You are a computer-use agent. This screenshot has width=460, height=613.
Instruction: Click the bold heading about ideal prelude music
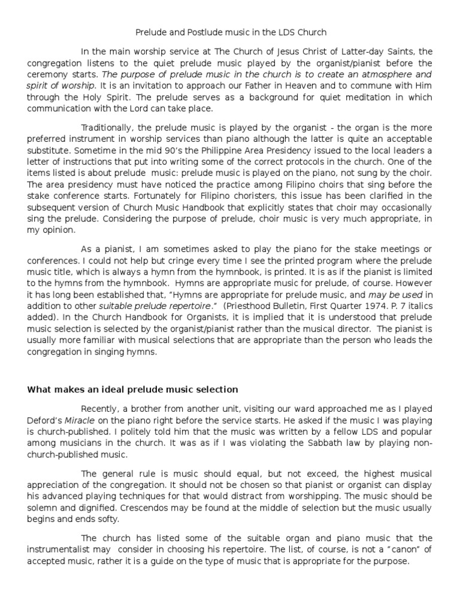(132, 390)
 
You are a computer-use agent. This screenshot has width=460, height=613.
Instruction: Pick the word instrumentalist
(57, 551)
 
